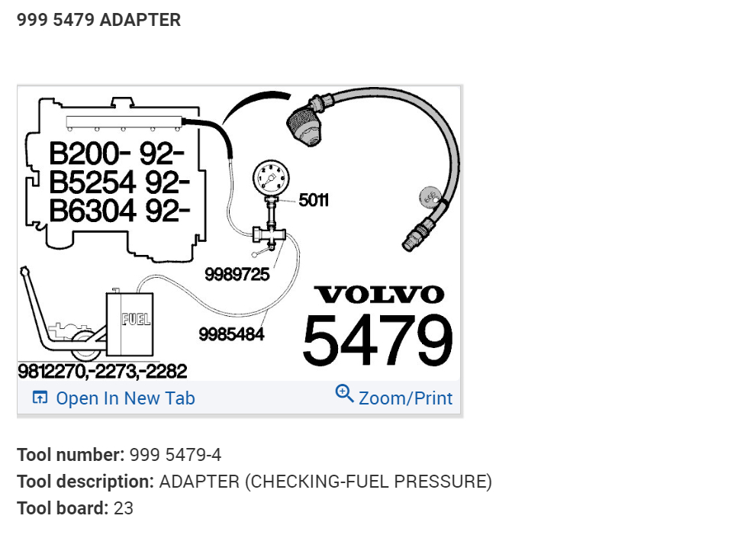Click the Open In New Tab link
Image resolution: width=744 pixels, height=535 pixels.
tap(125, 398)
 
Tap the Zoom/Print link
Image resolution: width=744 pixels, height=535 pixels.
tap(405, 398)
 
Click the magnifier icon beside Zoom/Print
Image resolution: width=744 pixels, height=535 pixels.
tap(344, 394)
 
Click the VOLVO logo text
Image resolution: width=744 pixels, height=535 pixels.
tap(378, 295)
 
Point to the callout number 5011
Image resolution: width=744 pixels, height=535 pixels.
tap(314, 201)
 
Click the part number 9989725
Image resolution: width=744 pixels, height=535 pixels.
tap(237, 274)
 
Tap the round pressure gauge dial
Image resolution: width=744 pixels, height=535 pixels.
tap(272, 179)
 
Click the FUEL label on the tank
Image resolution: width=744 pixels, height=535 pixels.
tap(136, 318)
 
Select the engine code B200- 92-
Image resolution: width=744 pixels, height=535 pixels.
tap(117, 154)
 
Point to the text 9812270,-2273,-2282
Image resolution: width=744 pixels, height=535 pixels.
tap(103, 372)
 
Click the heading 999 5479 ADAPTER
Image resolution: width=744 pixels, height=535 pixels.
tap(99, 20)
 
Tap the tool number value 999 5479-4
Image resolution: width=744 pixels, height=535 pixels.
tap(176, 455)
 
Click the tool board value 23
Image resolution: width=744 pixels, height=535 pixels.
tap(124, 508)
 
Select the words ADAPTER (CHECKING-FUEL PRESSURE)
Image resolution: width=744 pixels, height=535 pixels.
tap(325, 482)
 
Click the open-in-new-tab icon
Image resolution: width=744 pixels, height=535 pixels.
tap(40, 398)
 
